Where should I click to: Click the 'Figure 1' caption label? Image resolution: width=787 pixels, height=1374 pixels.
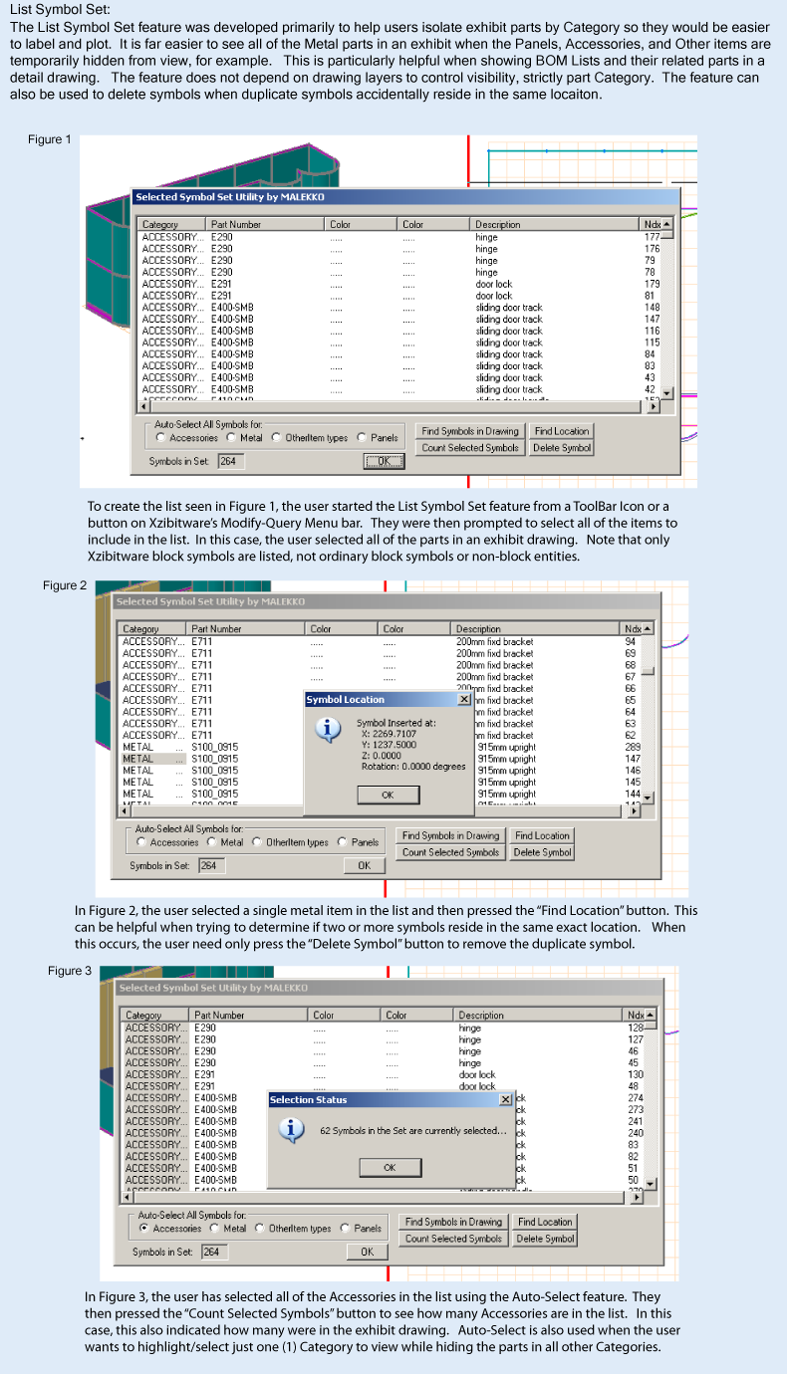coord(50,139)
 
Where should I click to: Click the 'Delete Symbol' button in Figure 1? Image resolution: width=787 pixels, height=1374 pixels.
coord(562,448)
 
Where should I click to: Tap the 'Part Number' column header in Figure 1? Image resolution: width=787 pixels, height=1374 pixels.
coord(236,225)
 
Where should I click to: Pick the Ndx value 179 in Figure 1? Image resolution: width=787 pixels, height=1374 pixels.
coord(652,284)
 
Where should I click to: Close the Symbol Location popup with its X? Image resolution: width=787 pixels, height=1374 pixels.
coord(463,699)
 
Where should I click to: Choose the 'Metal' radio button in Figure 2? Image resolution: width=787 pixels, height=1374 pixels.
coord(213,842)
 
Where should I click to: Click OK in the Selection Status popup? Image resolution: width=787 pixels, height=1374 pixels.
coord(389,1167)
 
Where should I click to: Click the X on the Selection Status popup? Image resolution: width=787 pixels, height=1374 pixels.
coord(505,1099)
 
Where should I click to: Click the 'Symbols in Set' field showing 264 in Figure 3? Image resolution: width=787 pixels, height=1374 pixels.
coord(212,1252)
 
